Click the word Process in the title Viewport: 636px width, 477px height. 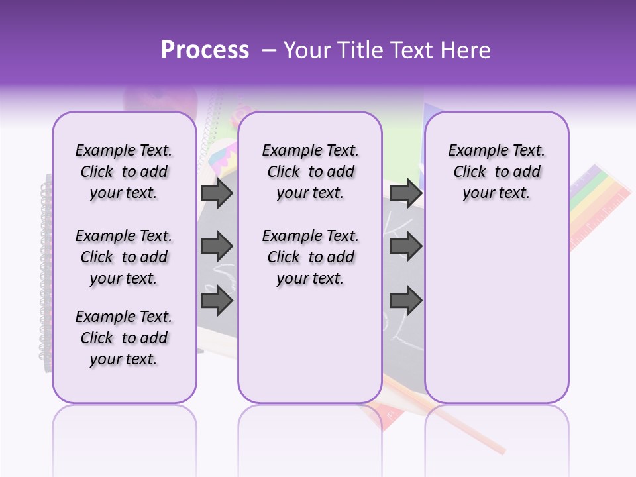click(x=205, y=50)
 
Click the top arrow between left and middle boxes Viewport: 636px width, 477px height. click(x=217, y=193)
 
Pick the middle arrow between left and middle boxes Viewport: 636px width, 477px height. click(x=217, y=246)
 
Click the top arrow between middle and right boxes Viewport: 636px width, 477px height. click(x=405, y=193)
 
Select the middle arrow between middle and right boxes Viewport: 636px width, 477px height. click(x=405, y=246)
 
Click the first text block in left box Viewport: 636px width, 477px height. click(x=124, y=172)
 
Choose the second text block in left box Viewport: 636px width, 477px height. click(x=124, y=257)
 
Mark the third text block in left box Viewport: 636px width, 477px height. click(x=124, y=338)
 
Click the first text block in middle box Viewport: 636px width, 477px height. click(x=310, y=172)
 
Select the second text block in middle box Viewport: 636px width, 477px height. click(x=310, y=257)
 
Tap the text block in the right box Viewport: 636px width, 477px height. click(x=496, y=172)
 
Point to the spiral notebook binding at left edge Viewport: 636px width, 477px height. click(x=46, y=265)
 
